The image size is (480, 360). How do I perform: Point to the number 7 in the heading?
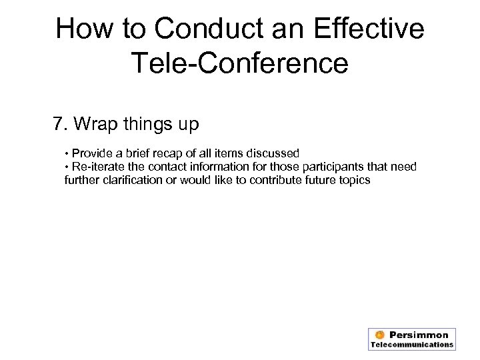point(59,123)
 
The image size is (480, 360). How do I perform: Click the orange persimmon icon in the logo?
point(379,335)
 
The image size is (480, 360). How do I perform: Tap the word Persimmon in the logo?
point(419,335)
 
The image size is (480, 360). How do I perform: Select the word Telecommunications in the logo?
point(412,345)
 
